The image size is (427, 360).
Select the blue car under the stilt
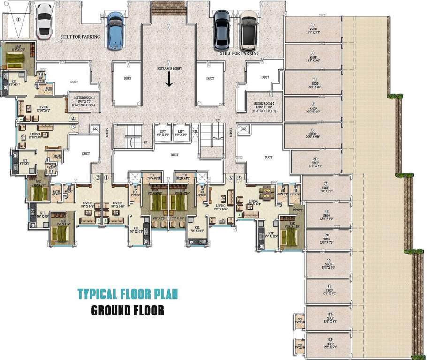[115, 30]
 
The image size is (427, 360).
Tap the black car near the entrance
[221, 30]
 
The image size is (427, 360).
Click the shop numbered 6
[315, 162]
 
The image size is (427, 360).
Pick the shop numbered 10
[328, 264]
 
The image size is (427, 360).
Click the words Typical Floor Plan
[128, 294]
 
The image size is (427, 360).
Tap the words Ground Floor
[128, 310]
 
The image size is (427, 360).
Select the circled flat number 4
[73, 119]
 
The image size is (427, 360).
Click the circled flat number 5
[239, 178]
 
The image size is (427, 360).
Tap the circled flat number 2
[98, 178]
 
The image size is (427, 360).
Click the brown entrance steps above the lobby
[169, 8]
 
